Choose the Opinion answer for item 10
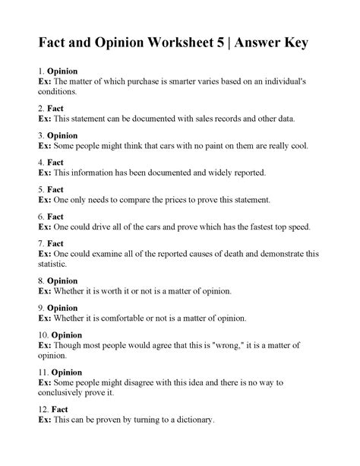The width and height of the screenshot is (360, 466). coord(69,334)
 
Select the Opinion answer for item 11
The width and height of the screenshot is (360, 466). coord(69,372)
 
